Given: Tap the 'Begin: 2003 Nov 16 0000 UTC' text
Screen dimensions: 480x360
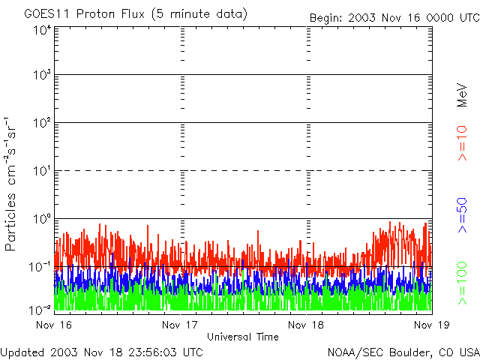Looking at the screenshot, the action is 394,18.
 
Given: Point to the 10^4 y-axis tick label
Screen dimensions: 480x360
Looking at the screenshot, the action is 43,31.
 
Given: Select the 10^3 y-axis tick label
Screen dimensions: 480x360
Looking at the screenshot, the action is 43,75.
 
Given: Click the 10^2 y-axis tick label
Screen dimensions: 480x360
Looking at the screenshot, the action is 43,123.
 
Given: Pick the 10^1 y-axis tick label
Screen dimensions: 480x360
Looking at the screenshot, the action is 43,171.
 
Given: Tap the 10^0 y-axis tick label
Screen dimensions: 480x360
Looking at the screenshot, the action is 43,219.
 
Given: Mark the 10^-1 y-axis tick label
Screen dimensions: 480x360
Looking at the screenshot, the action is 40,267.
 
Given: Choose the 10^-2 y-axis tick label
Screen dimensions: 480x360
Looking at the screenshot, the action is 40,310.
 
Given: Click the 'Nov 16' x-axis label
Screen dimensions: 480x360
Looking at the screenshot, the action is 54,325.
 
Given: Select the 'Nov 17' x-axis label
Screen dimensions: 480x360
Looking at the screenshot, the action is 180,325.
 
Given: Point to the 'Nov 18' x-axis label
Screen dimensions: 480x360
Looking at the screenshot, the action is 306,325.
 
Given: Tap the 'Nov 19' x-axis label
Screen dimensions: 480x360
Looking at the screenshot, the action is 432,325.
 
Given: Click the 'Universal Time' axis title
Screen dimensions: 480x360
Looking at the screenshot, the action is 243,337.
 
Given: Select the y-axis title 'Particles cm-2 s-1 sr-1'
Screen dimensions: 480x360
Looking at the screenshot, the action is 10,184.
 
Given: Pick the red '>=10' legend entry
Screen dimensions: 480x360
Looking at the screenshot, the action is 462,143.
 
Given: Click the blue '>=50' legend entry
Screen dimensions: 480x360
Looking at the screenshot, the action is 462,215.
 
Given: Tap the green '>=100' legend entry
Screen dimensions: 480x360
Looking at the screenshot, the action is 462,283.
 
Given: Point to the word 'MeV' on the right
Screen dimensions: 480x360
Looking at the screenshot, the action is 462,95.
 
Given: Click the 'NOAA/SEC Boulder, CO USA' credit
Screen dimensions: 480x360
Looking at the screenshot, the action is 403,352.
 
